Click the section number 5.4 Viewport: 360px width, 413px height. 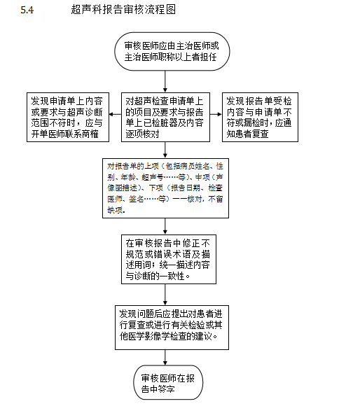point(27,10)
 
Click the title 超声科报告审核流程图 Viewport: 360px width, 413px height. point(123,10)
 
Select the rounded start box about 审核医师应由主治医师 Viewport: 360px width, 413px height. point(172,51)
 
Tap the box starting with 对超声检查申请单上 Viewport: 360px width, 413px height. point(165,117)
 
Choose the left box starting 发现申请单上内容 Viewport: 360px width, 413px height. point(68,117)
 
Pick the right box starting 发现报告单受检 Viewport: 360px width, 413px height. point(260,117)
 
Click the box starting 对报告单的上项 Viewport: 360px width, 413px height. point(165,188)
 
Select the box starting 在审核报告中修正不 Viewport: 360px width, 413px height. point(169,259)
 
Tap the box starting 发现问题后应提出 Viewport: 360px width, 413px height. point(172,328)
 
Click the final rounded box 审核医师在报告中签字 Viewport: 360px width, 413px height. point(168,382)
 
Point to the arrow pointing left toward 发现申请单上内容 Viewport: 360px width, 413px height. point(115,114)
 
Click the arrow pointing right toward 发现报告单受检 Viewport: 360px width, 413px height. point(216,114)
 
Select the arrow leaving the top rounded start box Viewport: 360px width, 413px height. point(165,81)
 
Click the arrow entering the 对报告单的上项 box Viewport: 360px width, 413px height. point(165,150)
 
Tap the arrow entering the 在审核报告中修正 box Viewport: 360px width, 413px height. point(165,226)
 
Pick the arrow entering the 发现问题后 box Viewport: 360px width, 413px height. point(165,295)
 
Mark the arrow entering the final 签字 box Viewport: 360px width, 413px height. point(165,358)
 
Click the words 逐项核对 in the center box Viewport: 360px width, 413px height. point(142,134)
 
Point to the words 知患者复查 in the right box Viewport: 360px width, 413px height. point(247,134)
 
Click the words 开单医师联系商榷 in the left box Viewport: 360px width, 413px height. point(65,134)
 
